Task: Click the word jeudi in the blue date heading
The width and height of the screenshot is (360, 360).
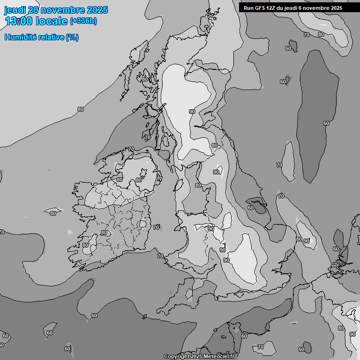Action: [x=15, y=10]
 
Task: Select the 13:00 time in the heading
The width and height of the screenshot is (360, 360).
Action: [x=18, y=21]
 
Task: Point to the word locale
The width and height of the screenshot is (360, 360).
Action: [x=51, y=21]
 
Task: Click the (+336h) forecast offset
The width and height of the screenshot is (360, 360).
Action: [x=83, y=21]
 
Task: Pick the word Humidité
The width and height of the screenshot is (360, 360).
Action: [x=20, y=37]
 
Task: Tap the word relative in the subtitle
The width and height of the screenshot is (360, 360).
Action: [x=50, y=37]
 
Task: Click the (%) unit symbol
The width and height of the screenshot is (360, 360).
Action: [x=72, y=37]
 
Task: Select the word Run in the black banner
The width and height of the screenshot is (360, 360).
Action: [x=249, y=7]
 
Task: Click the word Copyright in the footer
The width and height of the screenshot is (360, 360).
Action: [x=176, y=357]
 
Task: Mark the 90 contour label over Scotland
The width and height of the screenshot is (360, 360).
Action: [x=192, y=111]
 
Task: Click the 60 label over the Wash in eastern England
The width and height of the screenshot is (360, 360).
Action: [x=251, y=207]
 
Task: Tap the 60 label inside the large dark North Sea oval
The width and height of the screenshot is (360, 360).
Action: [x=326, y=123]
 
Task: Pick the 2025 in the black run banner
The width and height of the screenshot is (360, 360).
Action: [x=337, y=7]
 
